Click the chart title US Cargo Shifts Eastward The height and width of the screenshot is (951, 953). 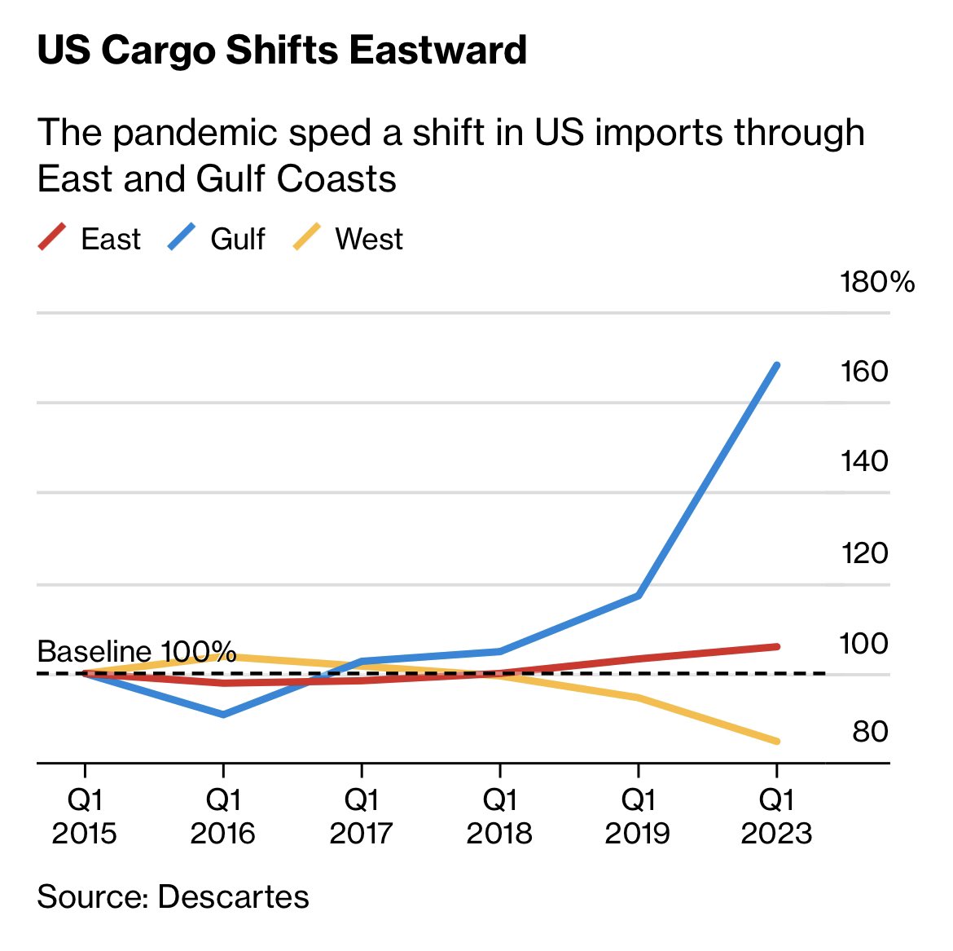(282, 51)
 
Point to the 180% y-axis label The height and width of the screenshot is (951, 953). (877, 282)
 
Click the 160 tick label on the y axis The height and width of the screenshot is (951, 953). (863, 372)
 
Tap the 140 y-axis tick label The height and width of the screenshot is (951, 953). (863, 461)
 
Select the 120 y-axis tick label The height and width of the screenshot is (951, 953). (863, 553)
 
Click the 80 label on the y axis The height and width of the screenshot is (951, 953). (869, 732)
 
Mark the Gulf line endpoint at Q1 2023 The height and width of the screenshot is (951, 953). (777, 365)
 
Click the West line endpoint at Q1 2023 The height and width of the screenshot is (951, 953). (777, 741)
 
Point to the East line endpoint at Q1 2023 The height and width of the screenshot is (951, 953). (777, 646)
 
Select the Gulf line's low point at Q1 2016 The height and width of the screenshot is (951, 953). (223, 715)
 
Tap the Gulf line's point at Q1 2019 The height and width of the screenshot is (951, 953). (639, 596)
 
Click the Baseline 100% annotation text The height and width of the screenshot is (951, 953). (136, 652)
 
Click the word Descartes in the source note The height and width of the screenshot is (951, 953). (233, 896)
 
